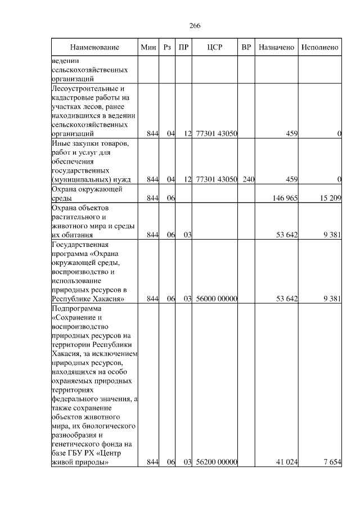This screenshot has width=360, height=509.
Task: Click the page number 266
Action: coord(195,26)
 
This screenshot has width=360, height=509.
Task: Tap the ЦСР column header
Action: coord(215,48)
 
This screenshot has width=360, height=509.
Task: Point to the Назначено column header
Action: coord(276,48)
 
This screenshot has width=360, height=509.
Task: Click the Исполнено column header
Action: coord(319,48)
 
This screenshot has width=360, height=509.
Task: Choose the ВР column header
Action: coord(246,48)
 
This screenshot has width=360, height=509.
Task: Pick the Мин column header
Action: coord(148,48)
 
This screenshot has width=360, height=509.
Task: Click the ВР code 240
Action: coord(249,179)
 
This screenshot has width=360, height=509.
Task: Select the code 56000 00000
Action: coord(217,299)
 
